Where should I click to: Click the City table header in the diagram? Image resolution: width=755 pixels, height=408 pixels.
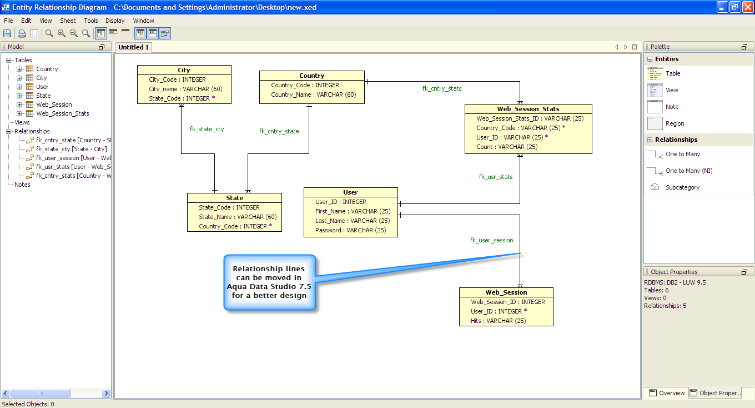pyautogui.click(x=184, y=70)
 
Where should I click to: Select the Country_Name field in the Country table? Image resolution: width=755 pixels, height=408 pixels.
pyautogui.click(x=313, y=94)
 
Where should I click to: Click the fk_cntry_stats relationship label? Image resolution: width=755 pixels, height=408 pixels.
pyautogui.click(x=441, y=88)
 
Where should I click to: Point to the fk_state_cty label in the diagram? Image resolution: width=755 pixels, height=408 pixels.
pyautogui.click(x=207, y=129)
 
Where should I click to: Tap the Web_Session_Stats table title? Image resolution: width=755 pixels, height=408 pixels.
pyautogui.click(x=528, y=109)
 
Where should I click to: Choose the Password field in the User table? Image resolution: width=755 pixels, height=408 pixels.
pyautogui.click(x=350, y=230)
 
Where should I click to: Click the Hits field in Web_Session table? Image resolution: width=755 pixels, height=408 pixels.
pyautogui.click(x=498, y=321)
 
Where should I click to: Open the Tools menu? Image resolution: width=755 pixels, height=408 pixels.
pyautogui.click(x=91, y=21)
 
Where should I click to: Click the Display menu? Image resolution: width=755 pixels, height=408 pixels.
pyautogui.click(x=115, y=21)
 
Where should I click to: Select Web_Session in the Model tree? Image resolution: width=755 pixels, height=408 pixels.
pyautogui.click(x=54, y=105)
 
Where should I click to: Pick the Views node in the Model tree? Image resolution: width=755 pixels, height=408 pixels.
pyautogui.click(x=22, y=122)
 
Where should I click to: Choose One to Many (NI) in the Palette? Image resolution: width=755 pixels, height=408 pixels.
pyautogui.click(x=689, y=171)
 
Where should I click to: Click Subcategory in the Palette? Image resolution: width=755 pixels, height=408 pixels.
pyautogui.click(x=682, y=187)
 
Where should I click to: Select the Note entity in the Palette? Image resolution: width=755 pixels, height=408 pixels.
pyautogui.click(x=672, y=107)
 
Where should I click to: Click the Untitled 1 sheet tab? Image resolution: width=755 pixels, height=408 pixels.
pyautogui.click(x=133, y=47)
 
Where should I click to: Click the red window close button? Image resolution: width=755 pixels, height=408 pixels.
pyautogui.click(x=747, y=7)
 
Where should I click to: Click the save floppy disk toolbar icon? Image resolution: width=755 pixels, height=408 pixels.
pyautogui.click(x=7, y=33)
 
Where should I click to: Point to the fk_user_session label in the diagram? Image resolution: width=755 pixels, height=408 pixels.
pyautogui.click(x=491, y=240)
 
